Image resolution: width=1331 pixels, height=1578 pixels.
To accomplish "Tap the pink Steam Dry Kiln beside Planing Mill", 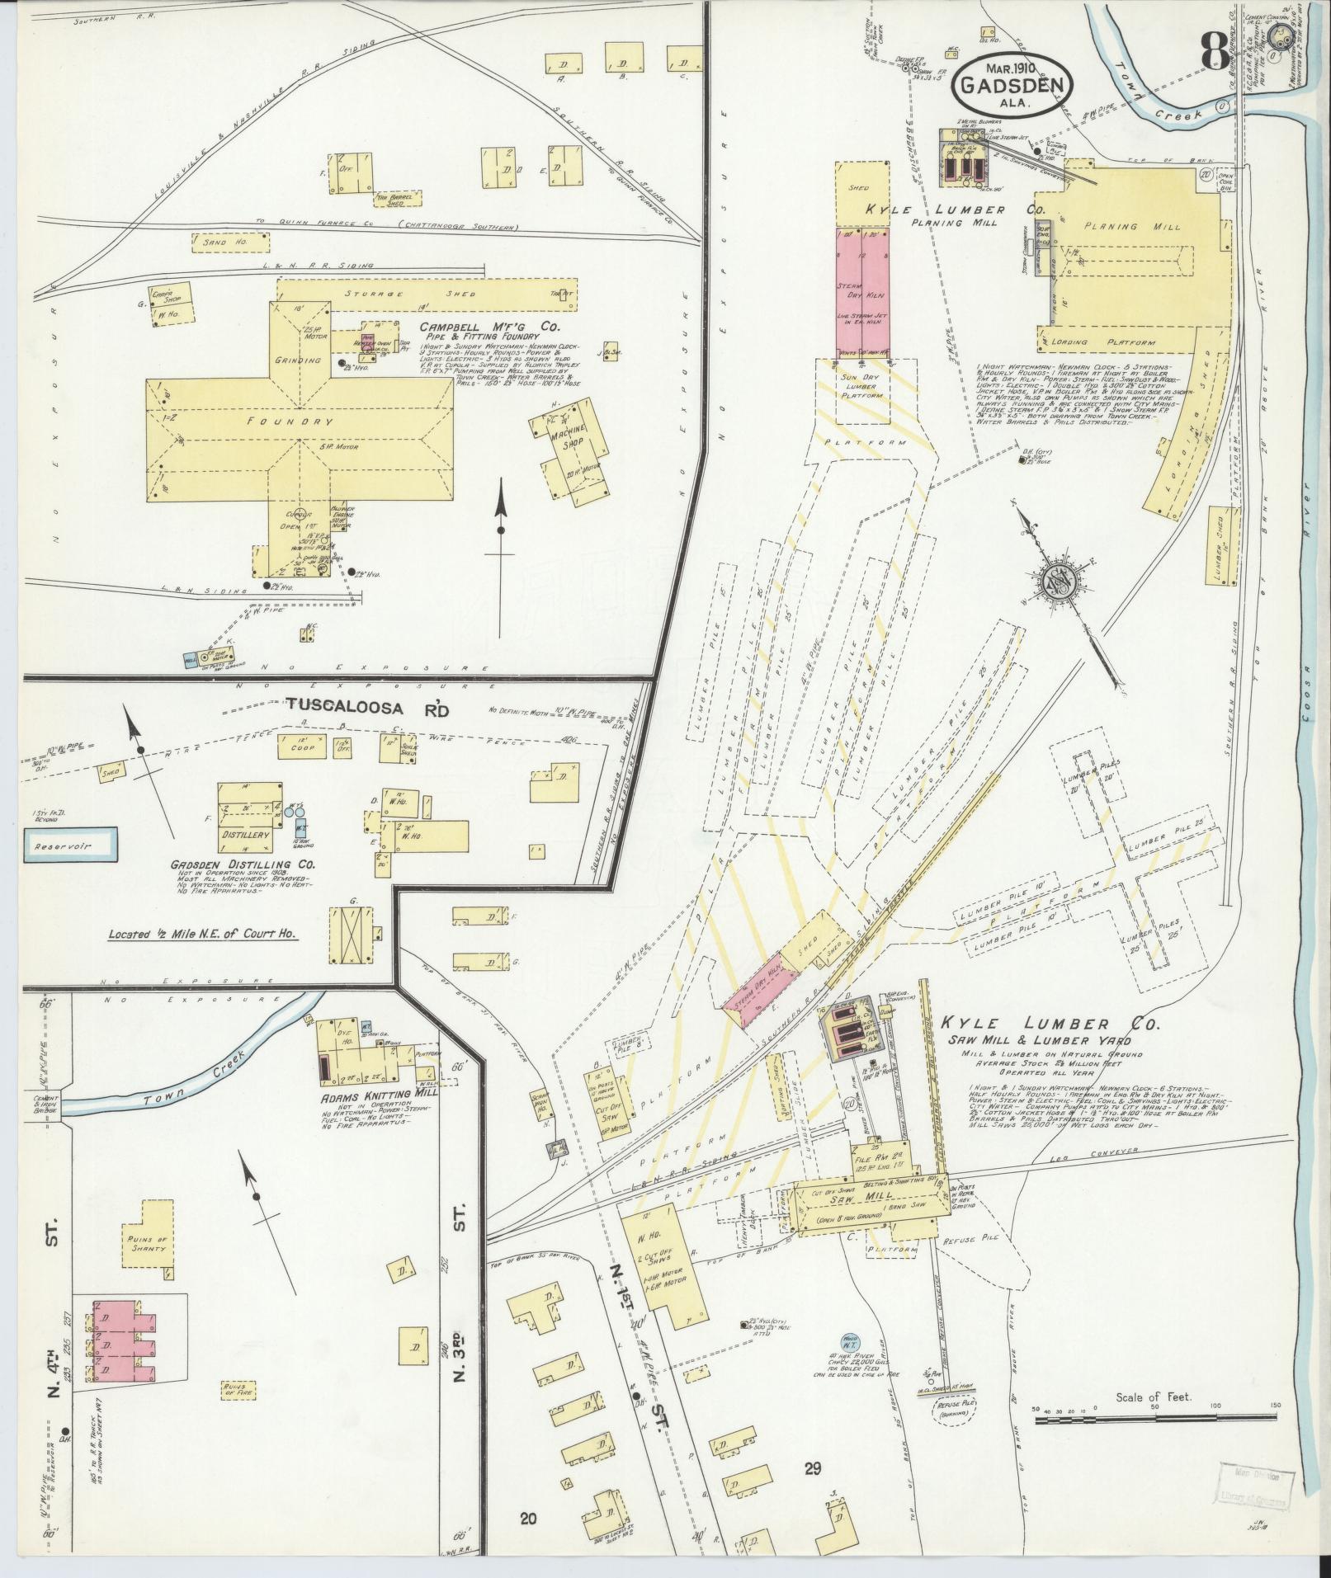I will [862, 295].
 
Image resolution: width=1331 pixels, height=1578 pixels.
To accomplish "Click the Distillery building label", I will [245, 835].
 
